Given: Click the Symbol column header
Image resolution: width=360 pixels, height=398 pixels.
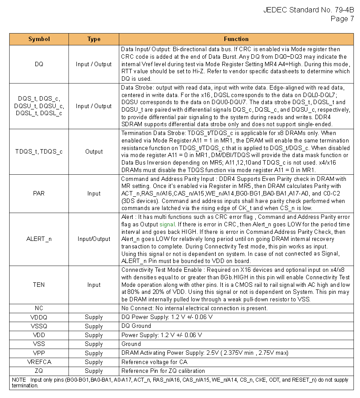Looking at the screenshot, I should point(39,39).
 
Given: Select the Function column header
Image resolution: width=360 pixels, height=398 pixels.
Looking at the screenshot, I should point(236,39).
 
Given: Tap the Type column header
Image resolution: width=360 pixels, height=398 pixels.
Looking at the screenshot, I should point(94,39).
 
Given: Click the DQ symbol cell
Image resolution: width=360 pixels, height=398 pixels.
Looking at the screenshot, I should point(39,64).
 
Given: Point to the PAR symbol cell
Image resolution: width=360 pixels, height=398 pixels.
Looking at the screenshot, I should point(39,193).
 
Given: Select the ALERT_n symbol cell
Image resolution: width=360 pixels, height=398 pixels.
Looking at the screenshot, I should point(39,239).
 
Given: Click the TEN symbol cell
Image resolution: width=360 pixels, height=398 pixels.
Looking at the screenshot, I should point(39,285).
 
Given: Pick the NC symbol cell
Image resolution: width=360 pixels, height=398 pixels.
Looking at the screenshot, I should point(39,308).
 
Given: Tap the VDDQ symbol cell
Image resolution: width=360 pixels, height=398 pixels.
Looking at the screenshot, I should point(39,317).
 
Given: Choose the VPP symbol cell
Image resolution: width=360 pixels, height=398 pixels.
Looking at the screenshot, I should point(39,353).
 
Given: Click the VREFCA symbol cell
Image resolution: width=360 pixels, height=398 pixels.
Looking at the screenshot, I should point(39,362).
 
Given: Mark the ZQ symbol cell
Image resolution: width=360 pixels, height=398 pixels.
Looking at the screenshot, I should point(39,371).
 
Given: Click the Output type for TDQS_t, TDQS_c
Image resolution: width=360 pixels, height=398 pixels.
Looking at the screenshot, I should point(94,151).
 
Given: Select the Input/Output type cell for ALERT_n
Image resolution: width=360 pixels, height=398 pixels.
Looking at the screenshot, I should point(94,239).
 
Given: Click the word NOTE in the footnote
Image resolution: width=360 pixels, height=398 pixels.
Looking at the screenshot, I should point(19,379).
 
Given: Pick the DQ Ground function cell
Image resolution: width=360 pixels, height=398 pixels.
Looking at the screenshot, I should point(136,326).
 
